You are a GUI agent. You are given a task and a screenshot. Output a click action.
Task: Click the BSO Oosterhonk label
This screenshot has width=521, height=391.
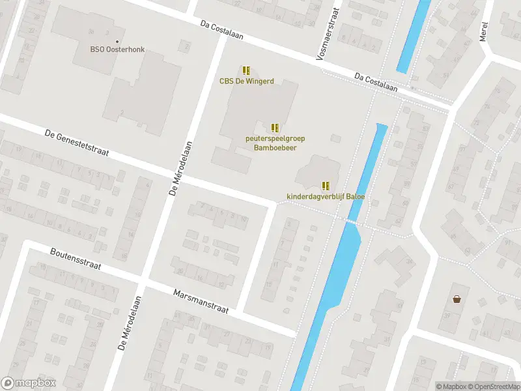click(117, 48)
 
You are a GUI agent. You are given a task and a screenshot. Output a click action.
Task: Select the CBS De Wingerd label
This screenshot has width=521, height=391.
click(246, 81)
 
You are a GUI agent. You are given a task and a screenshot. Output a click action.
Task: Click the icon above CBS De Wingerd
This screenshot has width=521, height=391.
click(246, 70)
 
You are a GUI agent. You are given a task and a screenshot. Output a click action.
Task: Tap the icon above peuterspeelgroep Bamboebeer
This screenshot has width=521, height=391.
click(275, 127)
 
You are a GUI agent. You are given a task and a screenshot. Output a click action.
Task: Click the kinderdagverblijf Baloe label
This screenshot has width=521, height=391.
click(326, 196)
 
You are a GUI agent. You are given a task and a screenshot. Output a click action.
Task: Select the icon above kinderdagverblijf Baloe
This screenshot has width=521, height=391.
click(326, 185)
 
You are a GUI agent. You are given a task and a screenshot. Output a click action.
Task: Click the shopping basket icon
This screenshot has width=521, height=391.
click(457, 299)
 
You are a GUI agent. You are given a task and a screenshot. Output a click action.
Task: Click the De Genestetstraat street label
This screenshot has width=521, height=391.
click(76, 143)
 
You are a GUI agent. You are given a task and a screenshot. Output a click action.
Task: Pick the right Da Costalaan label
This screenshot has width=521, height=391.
click(376, 82)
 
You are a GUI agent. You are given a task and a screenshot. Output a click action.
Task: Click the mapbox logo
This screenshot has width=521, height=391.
click(29, 383)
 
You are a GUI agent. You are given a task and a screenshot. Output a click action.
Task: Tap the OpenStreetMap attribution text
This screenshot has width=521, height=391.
click(493, 386)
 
